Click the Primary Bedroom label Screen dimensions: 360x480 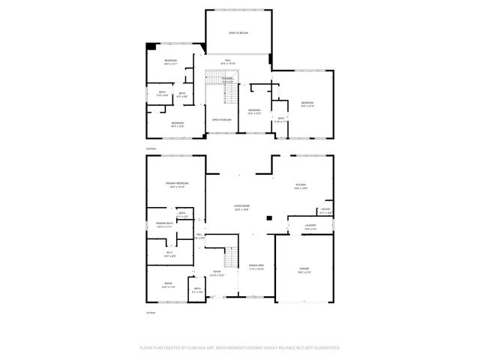tap(177, 184)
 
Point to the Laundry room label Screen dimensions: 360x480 tap(310, 226)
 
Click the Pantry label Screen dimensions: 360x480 tap(325, 211)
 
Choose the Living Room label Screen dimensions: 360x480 tap(241, 207)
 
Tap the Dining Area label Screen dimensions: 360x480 tap(256, 266)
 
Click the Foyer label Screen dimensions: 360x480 tap(216, 273)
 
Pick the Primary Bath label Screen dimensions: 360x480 tap(164, 224)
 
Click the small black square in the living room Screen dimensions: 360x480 tap(268, 218)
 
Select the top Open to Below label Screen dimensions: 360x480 tap(238, 33)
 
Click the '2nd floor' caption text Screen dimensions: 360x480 tap(151, 148)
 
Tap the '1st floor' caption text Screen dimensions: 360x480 tap(151, 312)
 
